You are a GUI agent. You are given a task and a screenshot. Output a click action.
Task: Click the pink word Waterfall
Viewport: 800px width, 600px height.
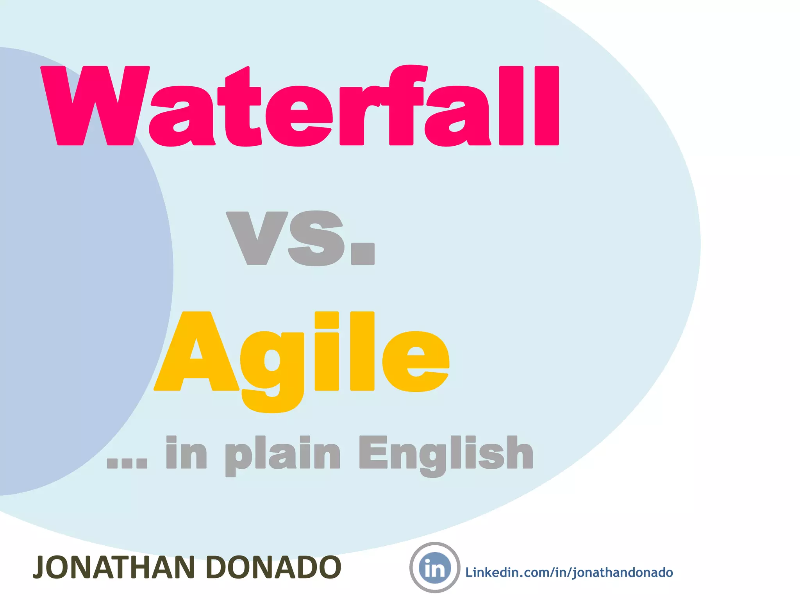pyautogui.click(x=300, y=106)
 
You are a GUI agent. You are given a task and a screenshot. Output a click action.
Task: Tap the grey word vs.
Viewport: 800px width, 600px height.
pyautogui.click(x=300, y=238)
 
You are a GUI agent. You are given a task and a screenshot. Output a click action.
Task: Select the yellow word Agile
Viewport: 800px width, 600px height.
pyautogui.click(x=302, y=355)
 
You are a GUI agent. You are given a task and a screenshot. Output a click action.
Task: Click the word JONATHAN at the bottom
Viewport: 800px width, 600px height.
pyautogui.click(x=114, y=568)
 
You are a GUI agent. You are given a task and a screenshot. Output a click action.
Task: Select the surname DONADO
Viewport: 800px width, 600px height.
pyautogui.click(x=273, y=568)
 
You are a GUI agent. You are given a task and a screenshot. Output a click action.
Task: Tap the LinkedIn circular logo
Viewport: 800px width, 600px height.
pyautogui.click(x=434, y=568)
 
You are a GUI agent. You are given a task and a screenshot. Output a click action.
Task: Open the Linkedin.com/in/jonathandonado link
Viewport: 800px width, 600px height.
pyautogui.click(x=569, y=573)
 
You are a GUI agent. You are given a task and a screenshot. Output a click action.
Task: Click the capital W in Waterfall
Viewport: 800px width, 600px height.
pyautogui.click(x=95, y=106)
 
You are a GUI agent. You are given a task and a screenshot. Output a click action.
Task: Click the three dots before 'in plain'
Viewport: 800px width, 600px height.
pyautogui.click(x=127, y=462)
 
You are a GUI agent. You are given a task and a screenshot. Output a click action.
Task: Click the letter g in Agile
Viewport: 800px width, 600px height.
pyautogui.click(x=272, y=367)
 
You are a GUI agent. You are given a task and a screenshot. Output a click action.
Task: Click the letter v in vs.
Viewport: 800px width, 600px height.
pyautogui.click(x=257, y=238)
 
